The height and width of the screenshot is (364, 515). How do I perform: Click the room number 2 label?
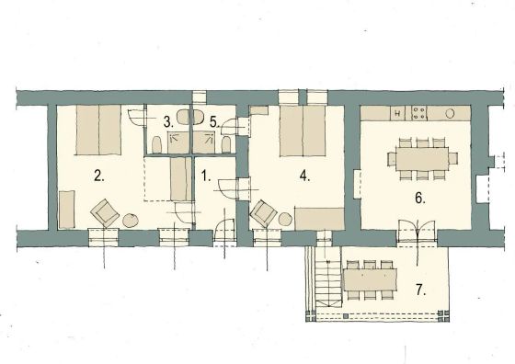(99, 176)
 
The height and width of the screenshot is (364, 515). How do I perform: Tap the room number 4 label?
(304, 176)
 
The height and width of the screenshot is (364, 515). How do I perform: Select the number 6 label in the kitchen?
(420, 199)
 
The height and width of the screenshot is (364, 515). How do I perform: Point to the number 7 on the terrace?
(421, 290)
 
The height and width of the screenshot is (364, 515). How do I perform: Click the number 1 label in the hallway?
(205, 176)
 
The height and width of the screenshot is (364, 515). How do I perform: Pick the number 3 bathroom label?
(168, 122)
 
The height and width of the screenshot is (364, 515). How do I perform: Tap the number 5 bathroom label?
(214, 122)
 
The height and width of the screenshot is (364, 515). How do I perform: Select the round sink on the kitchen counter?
(450, 113)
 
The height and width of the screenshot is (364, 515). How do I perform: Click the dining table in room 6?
(422, 159)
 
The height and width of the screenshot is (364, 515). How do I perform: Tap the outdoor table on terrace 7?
(370, 279)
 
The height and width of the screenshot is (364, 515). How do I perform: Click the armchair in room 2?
(105, 212)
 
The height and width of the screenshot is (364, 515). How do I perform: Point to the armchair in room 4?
(263, 213)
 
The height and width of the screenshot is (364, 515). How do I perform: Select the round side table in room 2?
(131, 220)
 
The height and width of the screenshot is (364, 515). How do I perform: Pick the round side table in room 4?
(285, 220)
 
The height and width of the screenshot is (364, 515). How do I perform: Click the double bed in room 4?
(303, 131)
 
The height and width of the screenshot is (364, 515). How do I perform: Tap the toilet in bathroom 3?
(157, 144)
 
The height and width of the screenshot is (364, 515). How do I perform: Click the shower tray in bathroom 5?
(203, 142)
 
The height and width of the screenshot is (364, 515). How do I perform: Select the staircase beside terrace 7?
(327, 278)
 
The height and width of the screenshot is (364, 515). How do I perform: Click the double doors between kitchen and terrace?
(417, 231)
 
